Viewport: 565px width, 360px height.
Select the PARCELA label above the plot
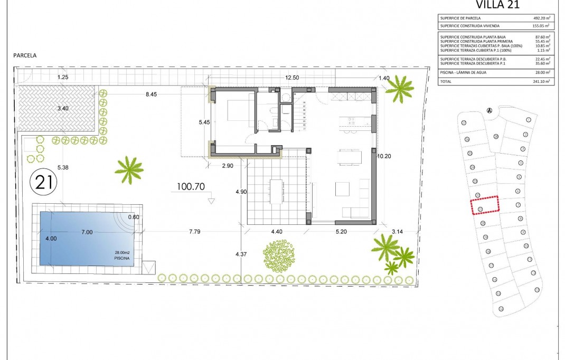click(26, 54)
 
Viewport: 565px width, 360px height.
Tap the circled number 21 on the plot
click(43, 183)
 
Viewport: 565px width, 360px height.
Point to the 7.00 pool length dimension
click(87, 232)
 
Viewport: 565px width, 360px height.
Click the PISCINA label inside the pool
click(121, 258)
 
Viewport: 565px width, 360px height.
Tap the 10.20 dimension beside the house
click(384, 156)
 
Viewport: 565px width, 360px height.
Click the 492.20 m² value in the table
click(541, 18)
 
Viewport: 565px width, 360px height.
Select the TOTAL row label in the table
click(446, 82)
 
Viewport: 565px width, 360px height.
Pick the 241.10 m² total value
click(541, 82)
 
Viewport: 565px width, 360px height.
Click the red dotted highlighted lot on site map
click(485, 204)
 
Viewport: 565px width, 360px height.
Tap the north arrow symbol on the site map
click(489, 110)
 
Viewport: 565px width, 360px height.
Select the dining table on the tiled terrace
click(276, 191)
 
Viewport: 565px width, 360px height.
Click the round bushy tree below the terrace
click(278, 256)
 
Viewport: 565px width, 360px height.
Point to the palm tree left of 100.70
click(129, 169)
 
